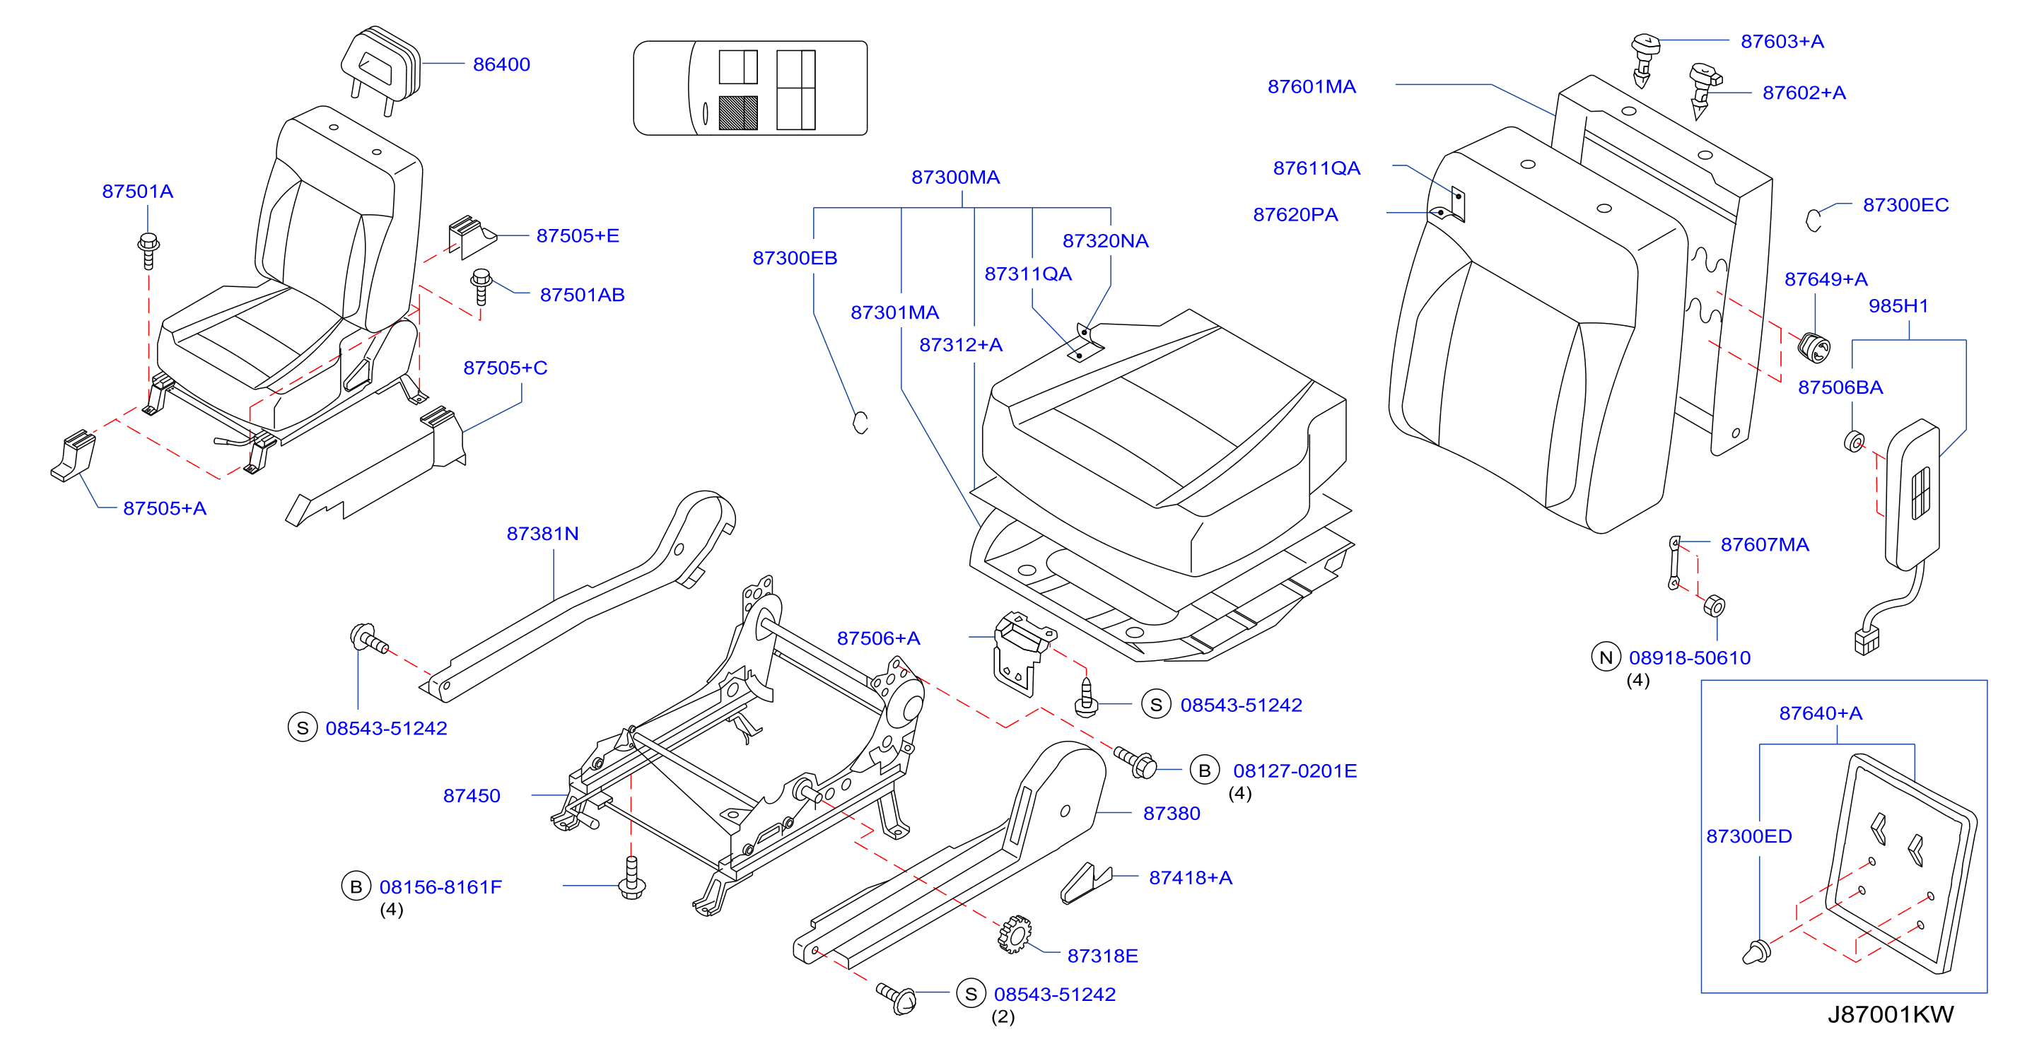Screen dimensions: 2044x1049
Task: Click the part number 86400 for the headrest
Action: tap(501, 64)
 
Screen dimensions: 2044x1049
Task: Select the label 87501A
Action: tap(137, 192)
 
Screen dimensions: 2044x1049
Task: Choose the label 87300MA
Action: tap(955, 177)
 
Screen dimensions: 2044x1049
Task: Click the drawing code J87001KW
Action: tap(1890, 1014)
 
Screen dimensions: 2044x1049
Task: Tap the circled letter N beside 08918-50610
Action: tap(1606, 657)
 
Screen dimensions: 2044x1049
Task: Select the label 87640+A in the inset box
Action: tap(1821, 713)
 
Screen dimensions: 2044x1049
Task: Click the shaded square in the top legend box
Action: tap(738, 112)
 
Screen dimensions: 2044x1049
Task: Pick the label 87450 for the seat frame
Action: tap(472, 796)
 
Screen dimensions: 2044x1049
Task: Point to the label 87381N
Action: tap(543, 533)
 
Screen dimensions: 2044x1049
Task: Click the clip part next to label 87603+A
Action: tap(1644, 59)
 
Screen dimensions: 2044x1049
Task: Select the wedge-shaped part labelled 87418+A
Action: tap(1085, 883)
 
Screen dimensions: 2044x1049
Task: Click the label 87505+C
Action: tap(506, 368)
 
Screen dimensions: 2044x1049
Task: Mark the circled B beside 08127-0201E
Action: tap(1205, 770)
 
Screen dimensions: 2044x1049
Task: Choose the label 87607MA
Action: tap(1765, 544)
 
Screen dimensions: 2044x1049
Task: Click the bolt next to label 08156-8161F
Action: tap(631, 878)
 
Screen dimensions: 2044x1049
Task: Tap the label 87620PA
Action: tap(1295, 214)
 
